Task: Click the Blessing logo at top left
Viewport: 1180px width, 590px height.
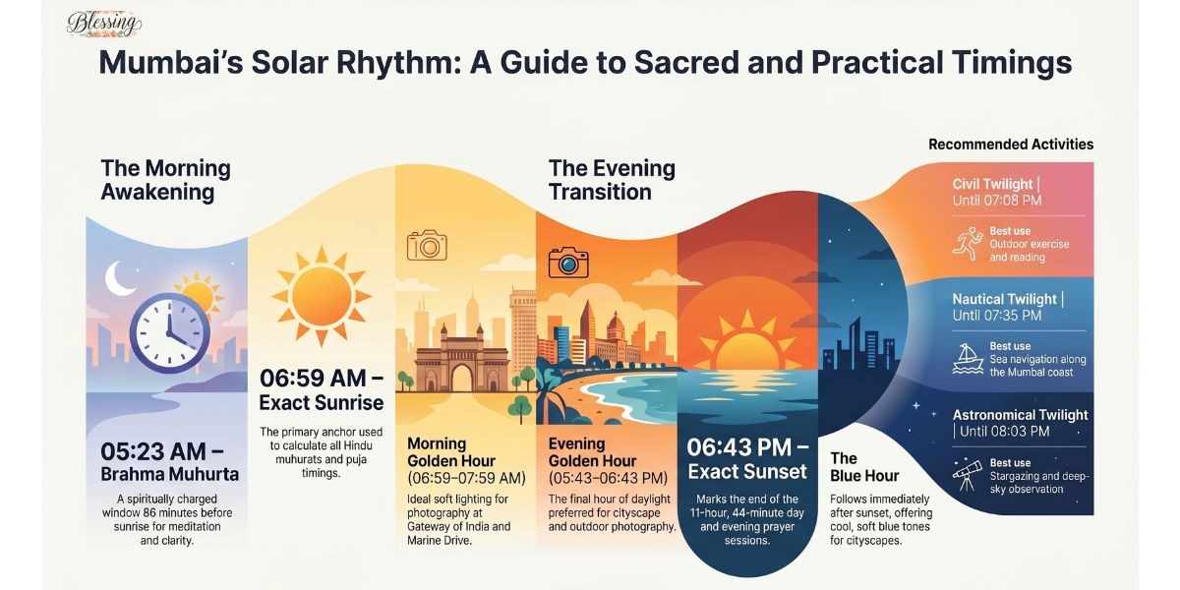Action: point(104,24)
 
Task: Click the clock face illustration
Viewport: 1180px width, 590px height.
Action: point(168,333)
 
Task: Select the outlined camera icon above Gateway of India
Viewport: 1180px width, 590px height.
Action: point(427,245)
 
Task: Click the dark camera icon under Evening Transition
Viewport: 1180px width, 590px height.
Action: point(567,262)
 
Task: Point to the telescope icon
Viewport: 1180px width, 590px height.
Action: point(969,476)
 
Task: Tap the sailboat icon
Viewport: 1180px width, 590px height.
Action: point(968,359)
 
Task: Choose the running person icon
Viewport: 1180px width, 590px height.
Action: point(968,244)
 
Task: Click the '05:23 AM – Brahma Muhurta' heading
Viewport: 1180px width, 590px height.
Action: point(168,463)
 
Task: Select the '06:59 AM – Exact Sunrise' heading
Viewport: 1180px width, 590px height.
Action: point(321,390)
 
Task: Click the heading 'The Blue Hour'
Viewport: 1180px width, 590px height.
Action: point(852,467)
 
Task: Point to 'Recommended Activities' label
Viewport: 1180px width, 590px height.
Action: point(1010,145)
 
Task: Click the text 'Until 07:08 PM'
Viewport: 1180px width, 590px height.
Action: point(997,202)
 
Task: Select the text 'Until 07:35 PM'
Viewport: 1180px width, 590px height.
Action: point(997,317)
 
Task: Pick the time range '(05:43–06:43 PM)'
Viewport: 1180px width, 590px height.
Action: point(608,478)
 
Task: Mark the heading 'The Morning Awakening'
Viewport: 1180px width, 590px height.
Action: point(165,180)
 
